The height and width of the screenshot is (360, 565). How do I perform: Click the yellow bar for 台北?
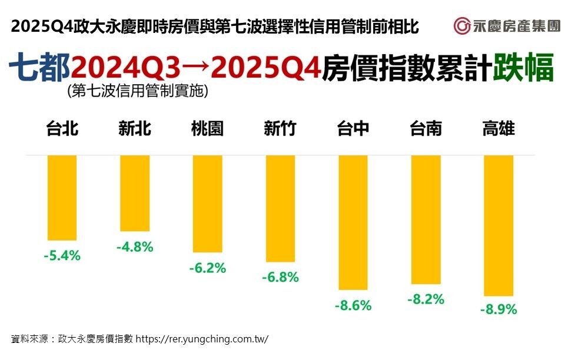coord(62,198)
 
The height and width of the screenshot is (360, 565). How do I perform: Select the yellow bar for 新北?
coord(135,193)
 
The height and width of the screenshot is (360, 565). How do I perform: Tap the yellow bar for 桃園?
coord(207,204)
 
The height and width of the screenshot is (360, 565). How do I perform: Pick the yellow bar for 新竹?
coord(280,208)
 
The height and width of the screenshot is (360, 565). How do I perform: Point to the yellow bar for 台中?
coord(353,222)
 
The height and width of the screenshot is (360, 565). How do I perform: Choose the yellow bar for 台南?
coord(426,219)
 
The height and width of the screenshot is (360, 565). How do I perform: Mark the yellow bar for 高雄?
coord(498,225)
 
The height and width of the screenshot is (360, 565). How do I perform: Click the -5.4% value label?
coord(62,256)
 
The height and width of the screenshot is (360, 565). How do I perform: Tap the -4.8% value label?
coord(135,247)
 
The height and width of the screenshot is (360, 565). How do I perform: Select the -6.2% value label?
coord(207,268)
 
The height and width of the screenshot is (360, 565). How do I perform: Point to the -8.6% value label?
coord(353,306)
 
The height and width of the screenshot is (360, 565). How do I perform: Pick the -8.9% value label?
coord(498,309)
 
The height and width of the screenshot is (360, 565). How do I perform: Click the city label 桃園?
coord(207,129)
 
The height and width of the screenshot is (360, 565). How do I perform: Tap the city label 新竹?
coord(280,129)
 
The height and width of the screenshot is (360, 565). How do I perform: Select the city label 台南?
coord(426,129)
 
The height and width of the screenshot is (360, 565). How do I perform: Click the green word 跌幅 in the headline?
coord(523,68)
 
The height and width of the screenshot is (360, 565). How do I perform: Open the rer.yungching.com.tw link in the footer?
coord(202,339)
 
